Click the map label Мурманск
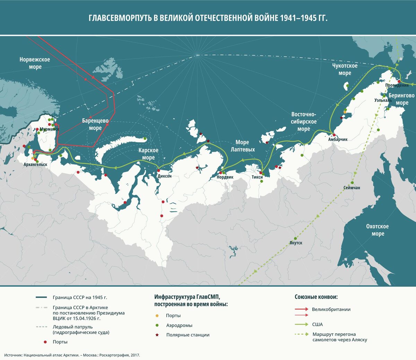point(50,129)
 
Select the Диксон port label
point(164,176)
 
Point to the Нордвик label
point(225,177)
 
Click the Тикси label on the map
point(257,177)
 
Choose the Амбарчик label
point(338,139)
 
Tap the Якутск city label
point(296,243)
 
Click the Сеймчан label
point(352,187)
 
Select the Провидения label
point(397,85)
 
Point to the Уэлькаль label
point(383,100)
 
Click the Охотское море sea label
point(378,230)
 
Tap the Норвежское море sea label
point(35,63)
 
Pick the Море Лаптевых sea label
point(243,146)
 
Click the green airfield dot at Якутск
point(295,238)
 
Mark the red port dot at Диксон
point(158,170)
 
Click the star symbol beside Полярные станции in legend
point(157,335)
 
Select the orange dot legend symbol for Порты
point(157,316)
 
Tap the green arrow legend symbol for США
point(301,324)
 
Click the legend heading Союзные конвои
point(316,297)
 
